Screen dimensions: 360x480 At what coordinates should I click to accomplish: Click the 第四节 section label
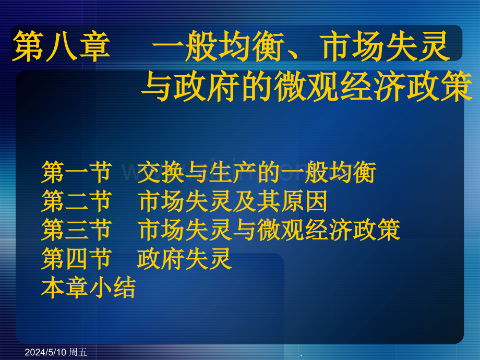(76, 259)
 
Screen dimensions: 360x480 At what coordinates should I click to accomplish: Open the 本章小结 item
(88, 287)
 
